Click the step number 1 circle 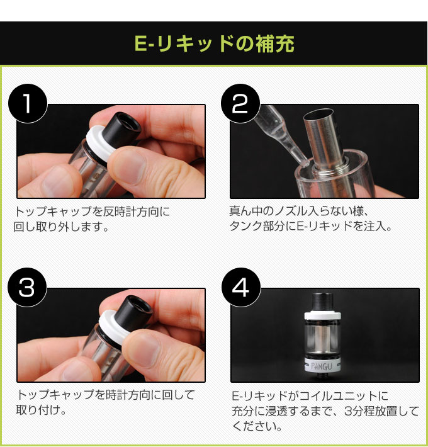point(28,103)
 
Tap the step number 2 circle point(240,103)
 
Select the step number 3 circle point(27,287)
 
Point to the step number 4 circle point(241,287)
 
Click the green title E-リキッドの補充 point(214,43)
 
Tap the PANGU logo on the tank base point(322,366)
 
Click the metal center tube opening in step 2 point(318,114)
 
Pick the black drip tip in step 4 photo point(322,303)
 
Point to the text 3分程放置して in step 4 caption point(381,411)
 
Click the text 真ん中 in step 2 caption point(245,211)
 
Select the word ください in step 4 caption point(254,426)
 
